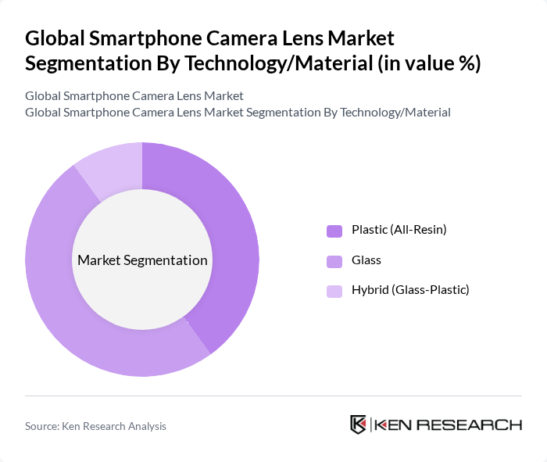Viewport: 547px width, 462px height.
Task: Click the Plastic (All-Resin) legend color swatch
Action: (x=334, y=231)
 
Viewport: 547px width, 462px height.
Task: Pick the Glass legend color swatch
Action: (x=334, y=260)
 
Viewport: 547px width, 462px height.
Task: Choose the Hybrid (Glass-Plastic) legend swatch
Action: (x=334, y=291)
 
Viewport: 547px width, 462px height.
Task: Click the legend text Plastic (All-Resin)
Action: (x=399, y=230)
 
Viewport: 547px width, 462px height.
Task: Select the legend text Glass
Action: (x=366, y=260)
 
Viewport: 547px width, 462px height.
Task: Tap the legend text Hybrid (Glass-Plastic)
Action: (x=409, y=290)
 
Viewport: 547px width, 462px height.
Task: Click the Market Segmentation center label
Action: (x=142, y=260)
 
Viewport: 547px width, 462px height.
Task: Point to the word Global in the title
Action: (x=54, y=38)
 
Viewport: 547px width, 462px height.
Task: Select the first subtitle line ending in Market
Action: (x=134, y=95)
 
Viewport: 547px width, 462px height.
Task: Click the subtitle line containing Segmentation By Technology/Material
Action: (x=238, y=112)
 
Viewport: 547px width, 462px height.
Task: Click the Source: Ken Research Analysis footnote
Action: (x=96, y=426)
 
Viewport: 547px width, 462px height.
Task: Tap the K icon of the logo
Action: (x=359, y=424)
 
